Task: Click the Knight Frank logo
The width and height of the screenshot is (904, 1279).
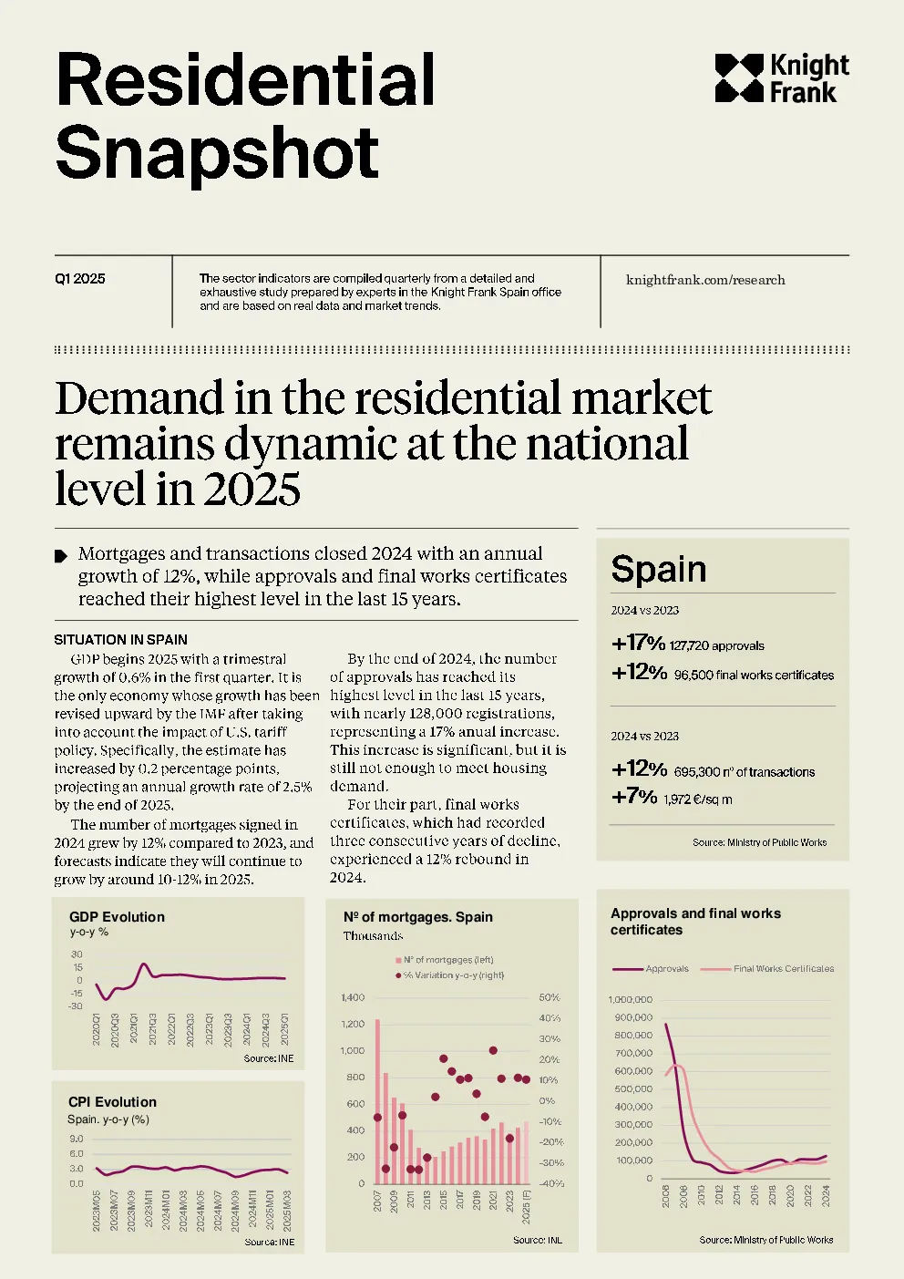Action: point(782,78)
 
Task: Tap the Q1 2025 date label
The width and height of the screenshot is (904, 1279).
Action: point(80,279)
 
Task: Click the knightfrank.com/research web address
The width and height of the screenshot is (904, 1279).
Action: point(705,280)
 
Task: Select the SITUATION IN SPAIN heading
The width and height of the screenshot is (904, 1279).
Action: point(120,640)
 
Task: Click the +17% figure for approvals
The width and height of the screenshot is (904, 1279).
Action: point(638,644)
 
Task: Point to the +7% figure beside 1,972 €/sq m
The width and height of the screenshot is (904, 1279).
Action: point(634,797)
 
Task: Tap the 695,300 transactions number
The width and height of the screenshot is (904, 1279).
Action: point(697,772)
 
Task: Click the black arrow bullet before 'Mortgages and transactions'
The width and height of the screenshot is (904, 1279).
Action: point(61,556)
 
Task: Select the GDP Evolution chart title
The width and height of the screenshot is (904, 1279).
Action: point(117,917)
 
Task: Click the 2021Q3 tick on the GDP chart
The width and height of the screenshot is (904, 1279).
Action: point(152,1029)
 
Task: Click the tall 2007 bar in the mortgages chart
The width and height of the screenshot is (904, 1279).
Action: point(377,1101)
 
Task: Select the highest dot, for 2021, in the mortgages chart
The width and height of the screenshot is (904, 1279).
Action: point(493,1050)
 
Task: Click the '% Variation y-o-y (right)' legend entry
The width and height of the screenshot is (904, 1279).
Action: point(449,975)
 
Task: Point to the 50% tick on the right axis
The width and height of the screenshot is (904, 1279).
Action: point(549,997)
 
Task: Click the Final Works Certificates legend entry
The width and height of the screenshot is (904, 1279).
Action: point(767,969)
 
